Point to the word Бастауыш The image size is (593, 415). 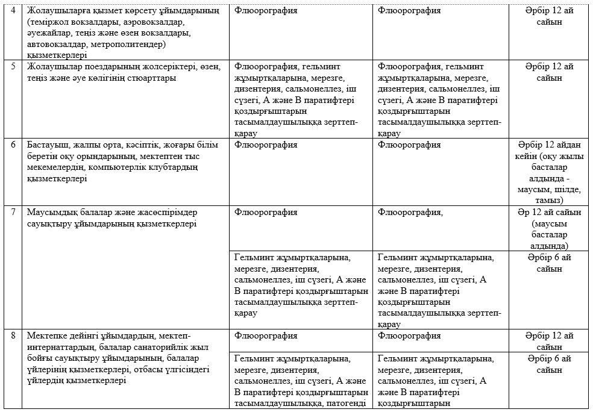click(x=48, y=145)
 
